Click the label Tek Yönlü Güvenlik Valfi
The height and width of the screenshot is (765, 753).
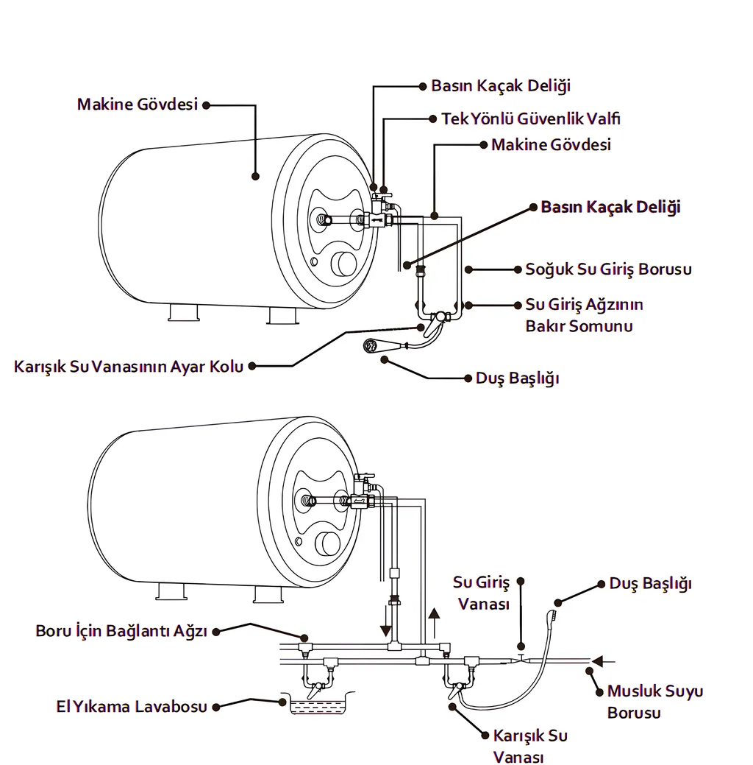pos(525,119)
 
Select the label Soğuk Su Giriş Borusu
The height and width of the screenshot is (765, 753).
pos(608,269)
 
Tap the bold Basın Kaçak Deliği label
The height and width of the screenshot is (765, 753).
pos(610,208)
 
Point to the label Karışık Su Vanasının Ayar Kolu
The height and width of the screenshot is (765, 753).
pos(128,366)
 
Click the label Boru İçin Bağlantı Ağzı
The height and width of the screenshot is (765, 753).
pos(121,631)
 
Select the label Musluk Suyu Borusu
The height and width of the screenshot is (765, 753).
pos(654,702)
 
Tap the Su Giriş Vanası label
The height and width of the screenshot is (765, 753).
pos(482,593)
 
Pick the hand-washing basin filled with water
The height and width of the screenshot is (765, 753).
pos(312,706)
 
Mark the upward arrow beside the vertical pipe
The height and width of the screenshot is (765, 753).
pos(434,621)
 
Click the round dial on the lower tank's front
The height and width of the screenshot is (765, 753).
pos(328,544)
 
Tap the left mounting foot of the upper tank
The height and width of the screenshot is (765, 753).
pos(183,314)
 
